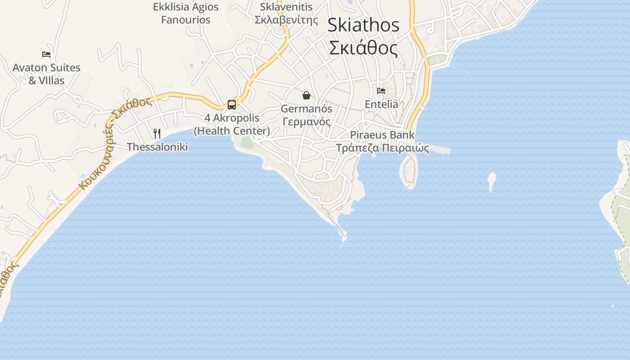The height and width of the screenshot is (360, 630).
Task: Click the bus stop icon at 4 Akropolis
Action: point(232,105)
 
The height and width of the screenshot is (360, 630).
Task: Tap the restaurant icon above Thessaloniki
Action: point(157,134)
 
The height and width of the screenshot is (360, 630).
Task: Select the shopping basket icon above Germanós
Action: point(306,95)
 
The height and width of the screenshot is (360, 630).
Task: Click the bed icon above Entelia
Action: point(381,91)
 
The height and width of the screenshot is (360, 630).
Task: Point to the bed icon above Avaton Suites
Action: point(46,54)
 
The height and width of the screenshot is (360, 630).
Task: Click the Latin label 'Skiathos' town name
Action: point(363,25)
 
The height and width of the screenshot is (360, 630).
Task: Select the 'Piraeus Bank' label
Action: point(382,135)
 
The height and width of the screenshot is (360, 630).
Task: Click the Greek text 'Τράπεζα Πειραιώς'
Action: point(382,148)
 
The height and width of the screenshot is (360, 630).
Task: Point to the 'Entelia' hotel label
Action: point(381,104)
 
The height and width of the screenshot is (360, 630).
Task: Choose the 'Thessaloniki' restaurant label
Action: point(157,147)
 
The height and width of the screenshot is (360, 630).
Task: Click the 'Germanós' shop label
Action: point(306,109)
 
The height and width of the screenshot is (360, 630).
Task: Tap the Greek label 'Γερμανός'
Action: point(306,122)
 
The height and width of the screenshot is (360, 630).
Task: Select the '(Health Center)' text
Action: point(232,131)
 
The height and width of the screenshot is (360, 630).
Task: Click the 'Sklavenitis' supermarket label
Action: point(286,7)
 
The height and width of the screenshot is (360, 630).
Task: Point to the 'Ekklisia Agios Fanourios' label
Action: point(186,13)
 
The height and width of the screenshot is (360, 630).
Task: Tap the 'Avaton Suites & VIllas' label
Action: point(46,74)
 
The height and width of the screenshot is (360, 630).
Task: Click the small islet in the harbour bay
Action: point(491,181)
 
